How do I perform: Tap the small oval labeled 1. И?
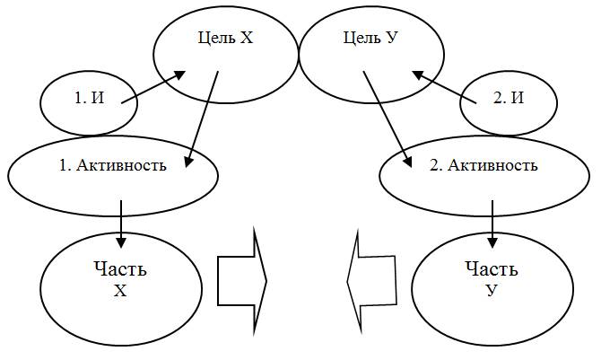click(88, 100)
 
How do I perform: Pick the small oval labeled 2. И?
click(508, 100)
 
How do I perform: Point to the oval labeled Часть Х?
click(121, 279)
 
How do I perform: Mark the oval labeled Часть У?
click(492, 279)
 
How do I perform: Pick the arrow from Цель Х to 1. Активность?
click(203, 118)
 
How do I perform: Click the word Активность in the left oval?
click(126, 166)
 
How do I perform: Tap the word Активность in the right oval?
click(498, 166)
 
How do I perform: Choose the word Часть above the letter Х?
click(120, 268)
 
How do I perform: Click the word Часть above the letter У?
click(492, 268)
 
